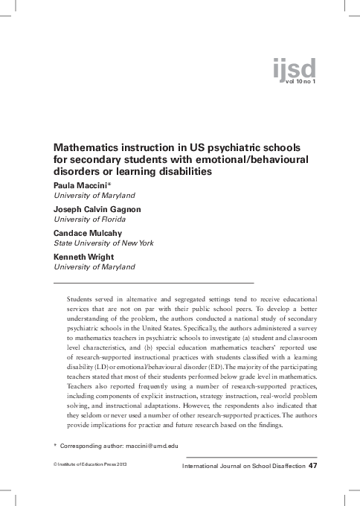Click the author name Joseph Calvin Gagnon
point(97,209)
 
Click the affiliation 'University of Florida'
point(89,219)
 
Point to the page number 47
point(312,466)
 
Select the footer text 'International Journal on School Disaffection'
point(243,467)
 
